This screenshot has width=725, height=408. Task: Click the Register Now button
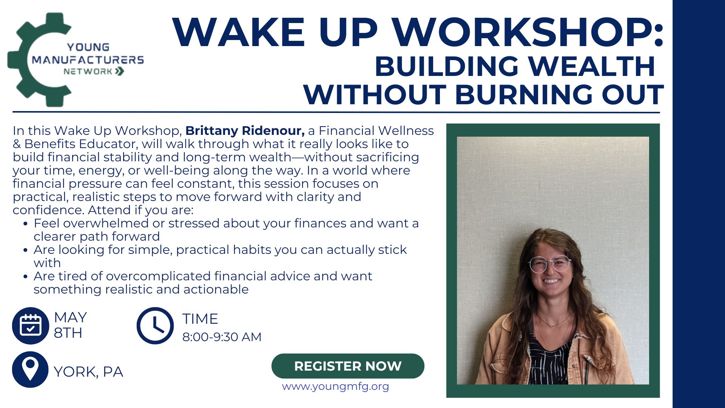pos(348,366)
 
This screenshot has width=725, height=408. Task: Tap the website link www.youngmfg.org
pos(335,386)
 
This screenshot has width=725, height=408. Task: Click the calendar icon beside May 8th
pos(31,326)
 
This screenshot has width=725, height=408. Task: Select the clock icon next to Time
pos(155,326)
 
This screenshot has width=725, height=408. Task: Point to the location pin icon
pos(30,369)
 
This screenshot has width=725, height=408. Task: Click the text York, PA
pos(88,372)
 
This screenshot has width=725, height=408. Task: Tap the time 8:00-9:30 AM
pos(222,337)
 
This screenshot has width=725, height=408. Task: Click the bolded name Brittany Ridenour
pos(245,131)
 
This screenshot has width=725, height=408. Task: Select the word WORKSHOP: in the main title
pos(527,32)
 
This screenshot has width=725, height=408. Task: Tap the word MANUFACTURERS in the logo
pos(88,60)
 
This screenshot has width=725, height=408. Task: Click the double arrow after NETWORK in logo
pos(120,71)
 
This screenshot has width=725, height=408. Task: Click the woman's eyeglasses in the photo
pos(549,264)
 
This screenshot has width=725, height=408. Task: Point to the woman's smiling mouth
pos(551,281)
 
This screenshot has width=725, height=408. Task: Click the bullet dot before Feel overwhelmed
pos(25,224)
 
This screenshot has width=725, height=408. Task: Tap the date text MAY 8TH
pos(70,325)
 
